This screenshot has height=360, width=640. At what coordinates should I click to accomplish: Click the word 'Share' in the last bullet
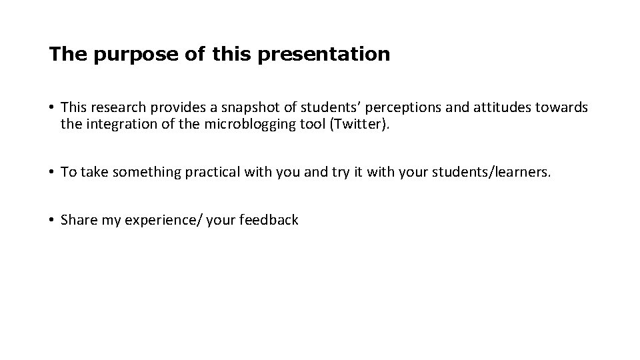(79, 220)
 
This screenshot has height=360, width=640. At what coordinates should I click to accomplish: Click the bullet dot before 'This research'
(51, 107)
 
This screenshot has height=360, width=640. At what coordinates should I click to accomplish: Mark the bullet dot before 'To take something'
(51, 173)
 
